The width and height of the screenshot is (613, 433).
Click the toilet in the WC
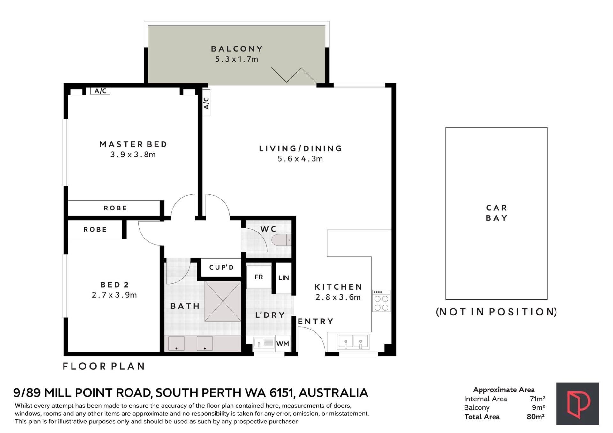point(281,240)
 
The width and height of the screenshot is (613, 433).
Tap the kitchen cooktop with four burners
point(381,301)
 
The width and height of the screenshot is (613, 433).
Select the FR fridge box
point(259,277)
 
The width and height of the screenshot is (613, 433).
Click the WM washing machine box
point(283,344)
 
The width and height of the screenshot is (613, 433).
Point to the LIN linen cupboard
point(284,278)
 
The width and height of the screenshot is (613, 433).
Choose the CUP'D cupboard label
point(222,267)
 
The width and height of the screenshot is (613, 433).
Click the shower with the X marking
point(223,301)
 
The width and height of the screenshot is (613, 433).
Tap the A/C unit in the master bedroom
point(100,91)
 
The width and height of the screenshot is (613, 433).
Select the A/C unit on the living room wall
point(206,103)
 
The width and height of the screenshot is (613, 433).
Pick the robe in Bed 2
point(95,229)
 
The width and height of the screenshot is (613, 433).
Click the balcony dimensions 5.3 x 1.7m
point(237,59)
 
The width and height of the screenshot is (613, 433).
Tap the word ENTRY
point(316,321)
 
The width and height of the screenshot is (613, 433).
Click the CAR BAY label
point(496,213)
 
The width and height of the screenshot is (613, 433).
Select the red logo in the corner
point(578,404)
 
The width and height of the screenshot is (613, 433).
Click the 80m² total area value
point(536,417)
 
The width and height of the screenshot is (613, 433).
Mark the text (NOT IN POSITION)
point(496,312)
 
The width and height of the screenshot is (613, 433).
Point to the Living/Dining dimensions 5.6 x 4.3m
point(300,159)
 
